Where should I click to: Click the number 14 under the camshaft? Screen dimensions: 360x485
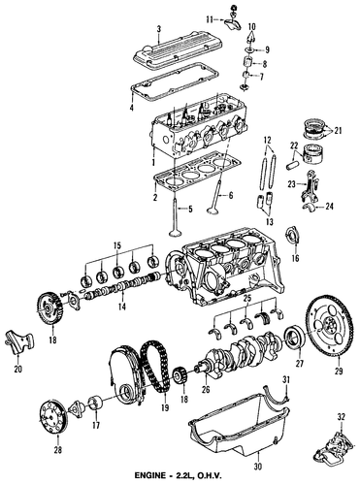(121, 307)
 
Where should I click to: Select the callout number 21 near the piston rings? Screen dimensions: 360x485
(338, 131)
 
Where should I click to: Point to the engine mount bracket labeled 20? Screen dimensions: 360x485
(18, 342)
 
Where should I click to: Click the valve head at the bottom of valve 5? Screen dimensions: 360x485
(177, 233)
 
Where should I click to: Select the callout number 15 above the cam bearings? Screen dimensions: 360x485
(117, 245)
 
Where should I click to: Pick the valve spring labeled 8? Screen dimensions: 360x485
(248, 62)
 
